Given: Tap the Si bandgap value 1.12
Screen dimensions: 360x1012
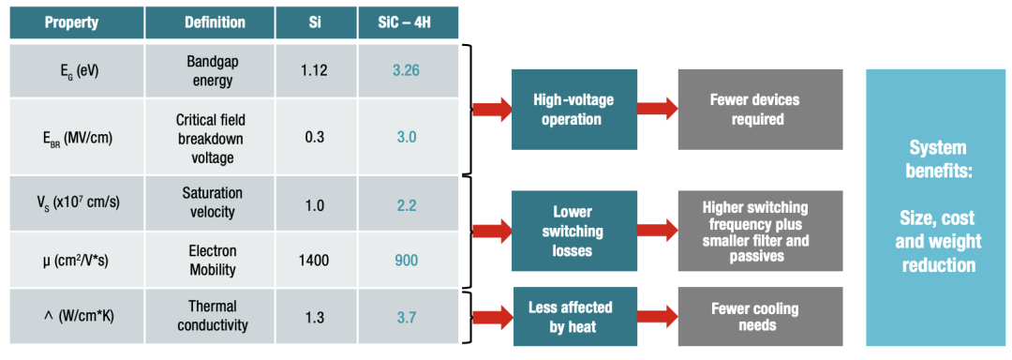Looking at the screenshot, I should click(316, 70).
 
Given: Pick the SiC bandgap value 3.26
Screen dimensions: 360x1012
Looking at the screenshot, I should click(406, 70).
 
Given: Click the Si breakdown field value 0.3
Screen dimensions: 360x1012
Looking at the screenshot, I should click(316, 137).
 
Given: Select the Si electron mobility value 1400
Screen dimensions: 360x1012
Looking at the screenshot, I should click(316, 260).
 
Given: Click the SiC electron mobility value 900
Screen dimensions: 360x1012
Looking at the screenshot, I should click(406, 260).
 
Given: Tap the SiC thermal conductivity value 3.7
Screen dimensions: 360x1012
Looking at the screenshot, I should click(406, 318).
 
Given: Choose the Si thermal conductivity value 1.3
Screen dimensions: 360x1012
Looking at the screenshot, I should click(316, 318).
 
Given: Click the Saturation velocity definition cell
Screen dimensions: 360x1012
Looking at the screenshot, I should click(211, 203).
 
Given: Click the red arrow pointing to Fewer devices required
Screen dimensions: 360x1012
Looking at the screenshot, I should click(657, 110).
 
